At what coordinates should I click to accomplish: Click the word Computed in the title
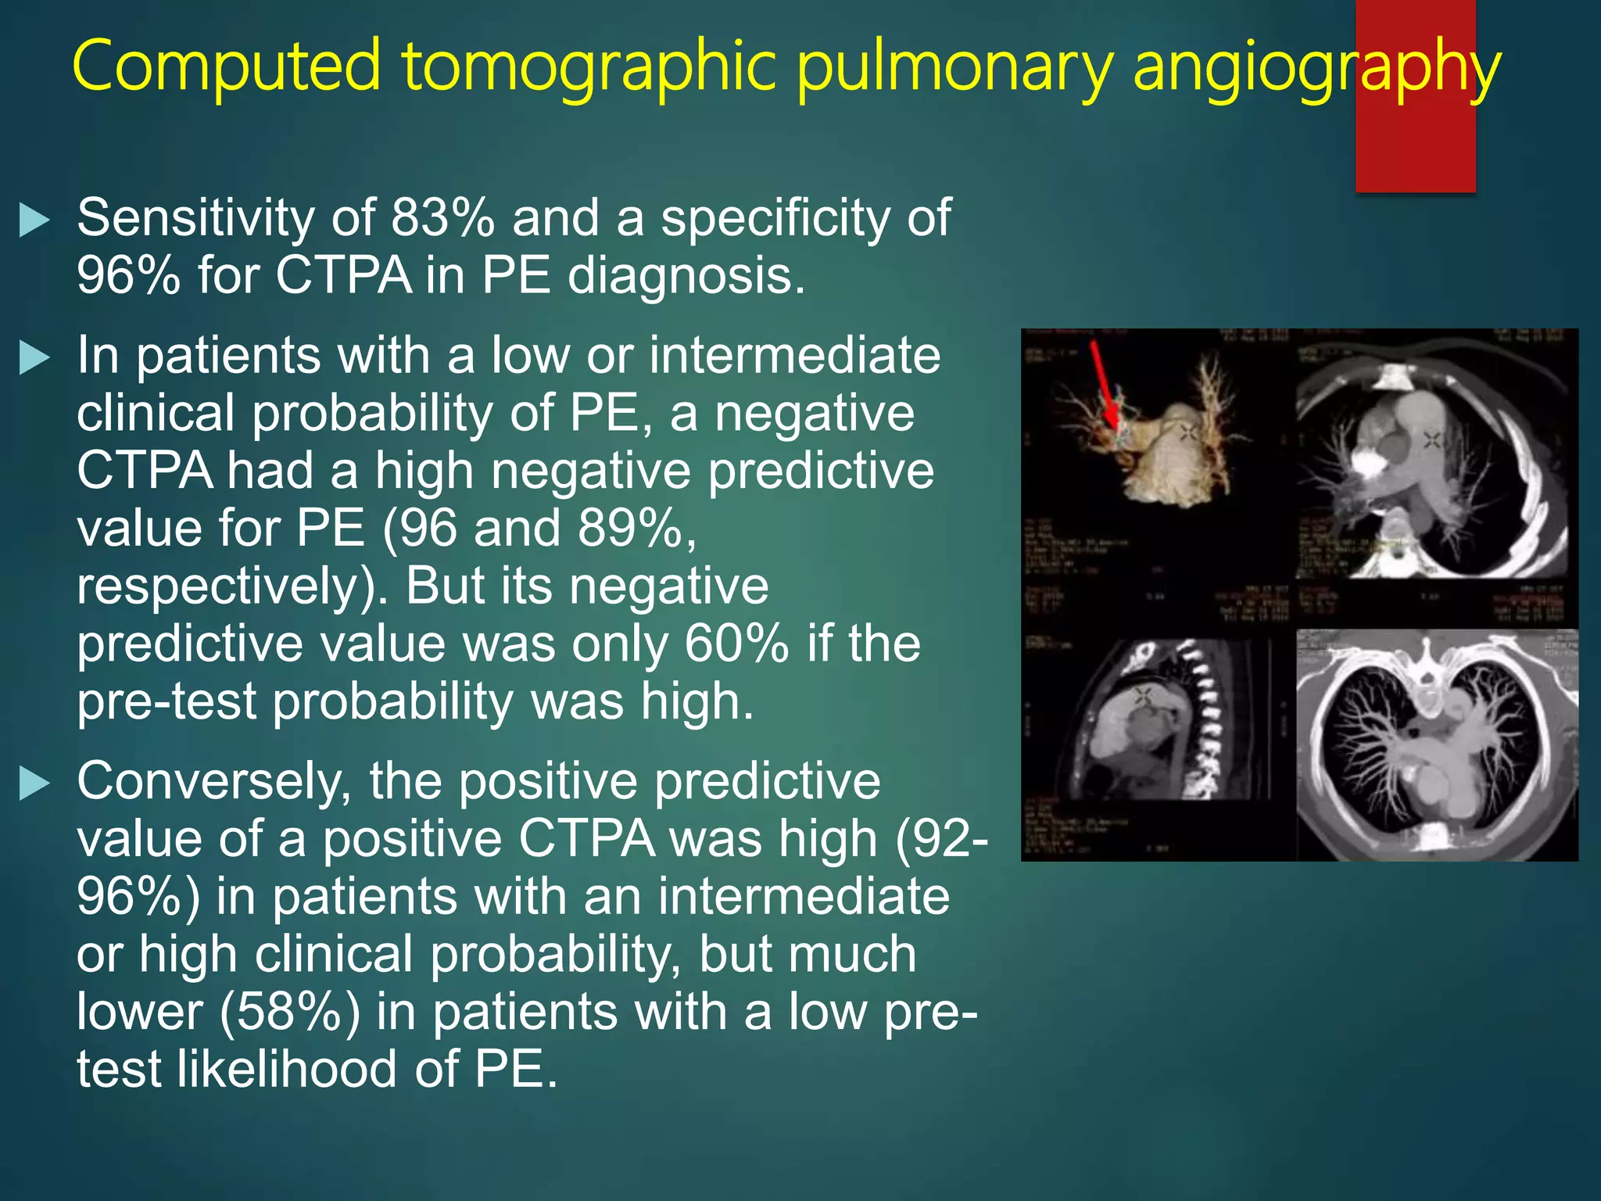coord(227,66)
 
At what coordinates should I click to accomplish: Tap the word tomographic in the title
coord(589,66)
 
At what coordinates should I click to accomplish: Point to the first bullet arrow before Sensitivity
coord(34,220)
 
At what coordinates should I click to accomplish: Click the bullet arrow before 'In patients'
coord(34,358)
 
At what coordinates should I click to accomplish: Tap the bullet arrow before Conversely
coord(34,783)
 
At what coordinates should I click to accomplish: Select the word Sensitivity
coord(195,218)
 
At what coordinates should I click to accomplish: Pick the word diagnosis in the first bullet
coord(685,276)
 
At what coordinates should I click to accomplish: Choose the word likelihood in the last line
coord(287,1069)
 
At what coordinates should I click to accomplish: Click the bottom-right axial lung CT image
coord(1437,743)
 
